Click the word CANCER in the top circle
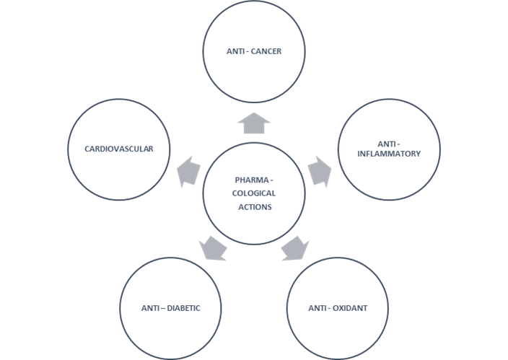(x=265, y=51)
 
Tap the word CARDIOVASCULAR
(x=120, y=149)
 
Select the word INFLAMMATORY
(x=389, y=153)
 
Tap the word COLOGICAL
(x=255, y=193)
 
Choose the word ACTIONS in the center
(x=255, y=207)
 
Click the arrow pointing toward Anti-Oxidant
(x=294, y=248)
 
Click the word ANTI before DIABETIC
(x=150, y=308)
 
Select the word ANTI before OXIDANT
(x=317, y=308)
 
